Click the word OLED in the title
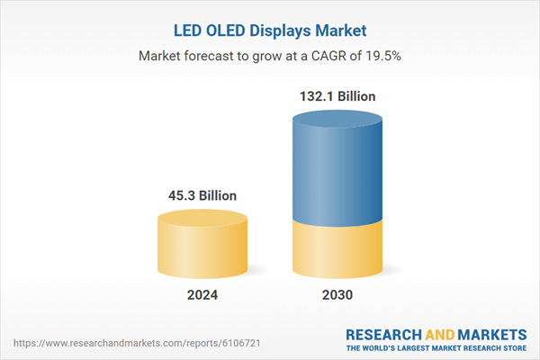coord(219,30)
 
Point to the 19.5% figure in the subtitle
coord(382,56)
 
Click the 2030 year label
coord(337,295)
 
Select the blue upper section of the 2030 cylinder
coord(337,171)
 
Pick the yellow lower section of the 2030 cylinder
coord(337,252)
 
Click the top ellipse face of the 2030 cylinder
coord(337,120)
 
